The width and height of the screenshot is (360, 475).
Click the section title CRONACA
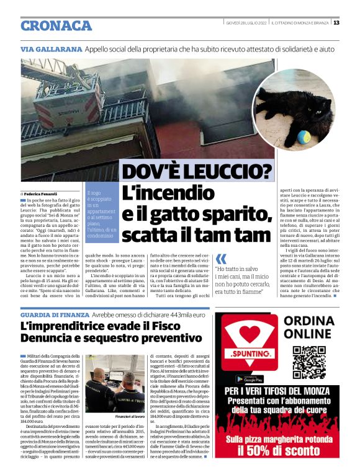coord(56,25)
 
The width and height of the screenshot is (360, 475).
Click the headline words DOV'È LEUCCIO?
coord(197,171)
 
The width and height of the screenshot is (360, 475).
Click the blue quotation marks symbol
coord(220,257)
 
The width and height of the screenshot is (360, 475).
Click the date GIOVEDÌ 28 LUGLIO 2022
coord(246,23)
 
